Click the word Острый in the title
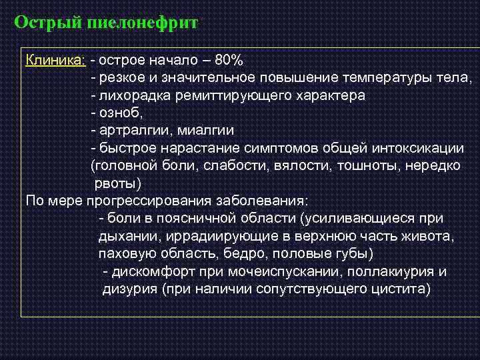click(x=47, y=23)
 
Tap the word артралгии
click(x=128, y=130)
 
